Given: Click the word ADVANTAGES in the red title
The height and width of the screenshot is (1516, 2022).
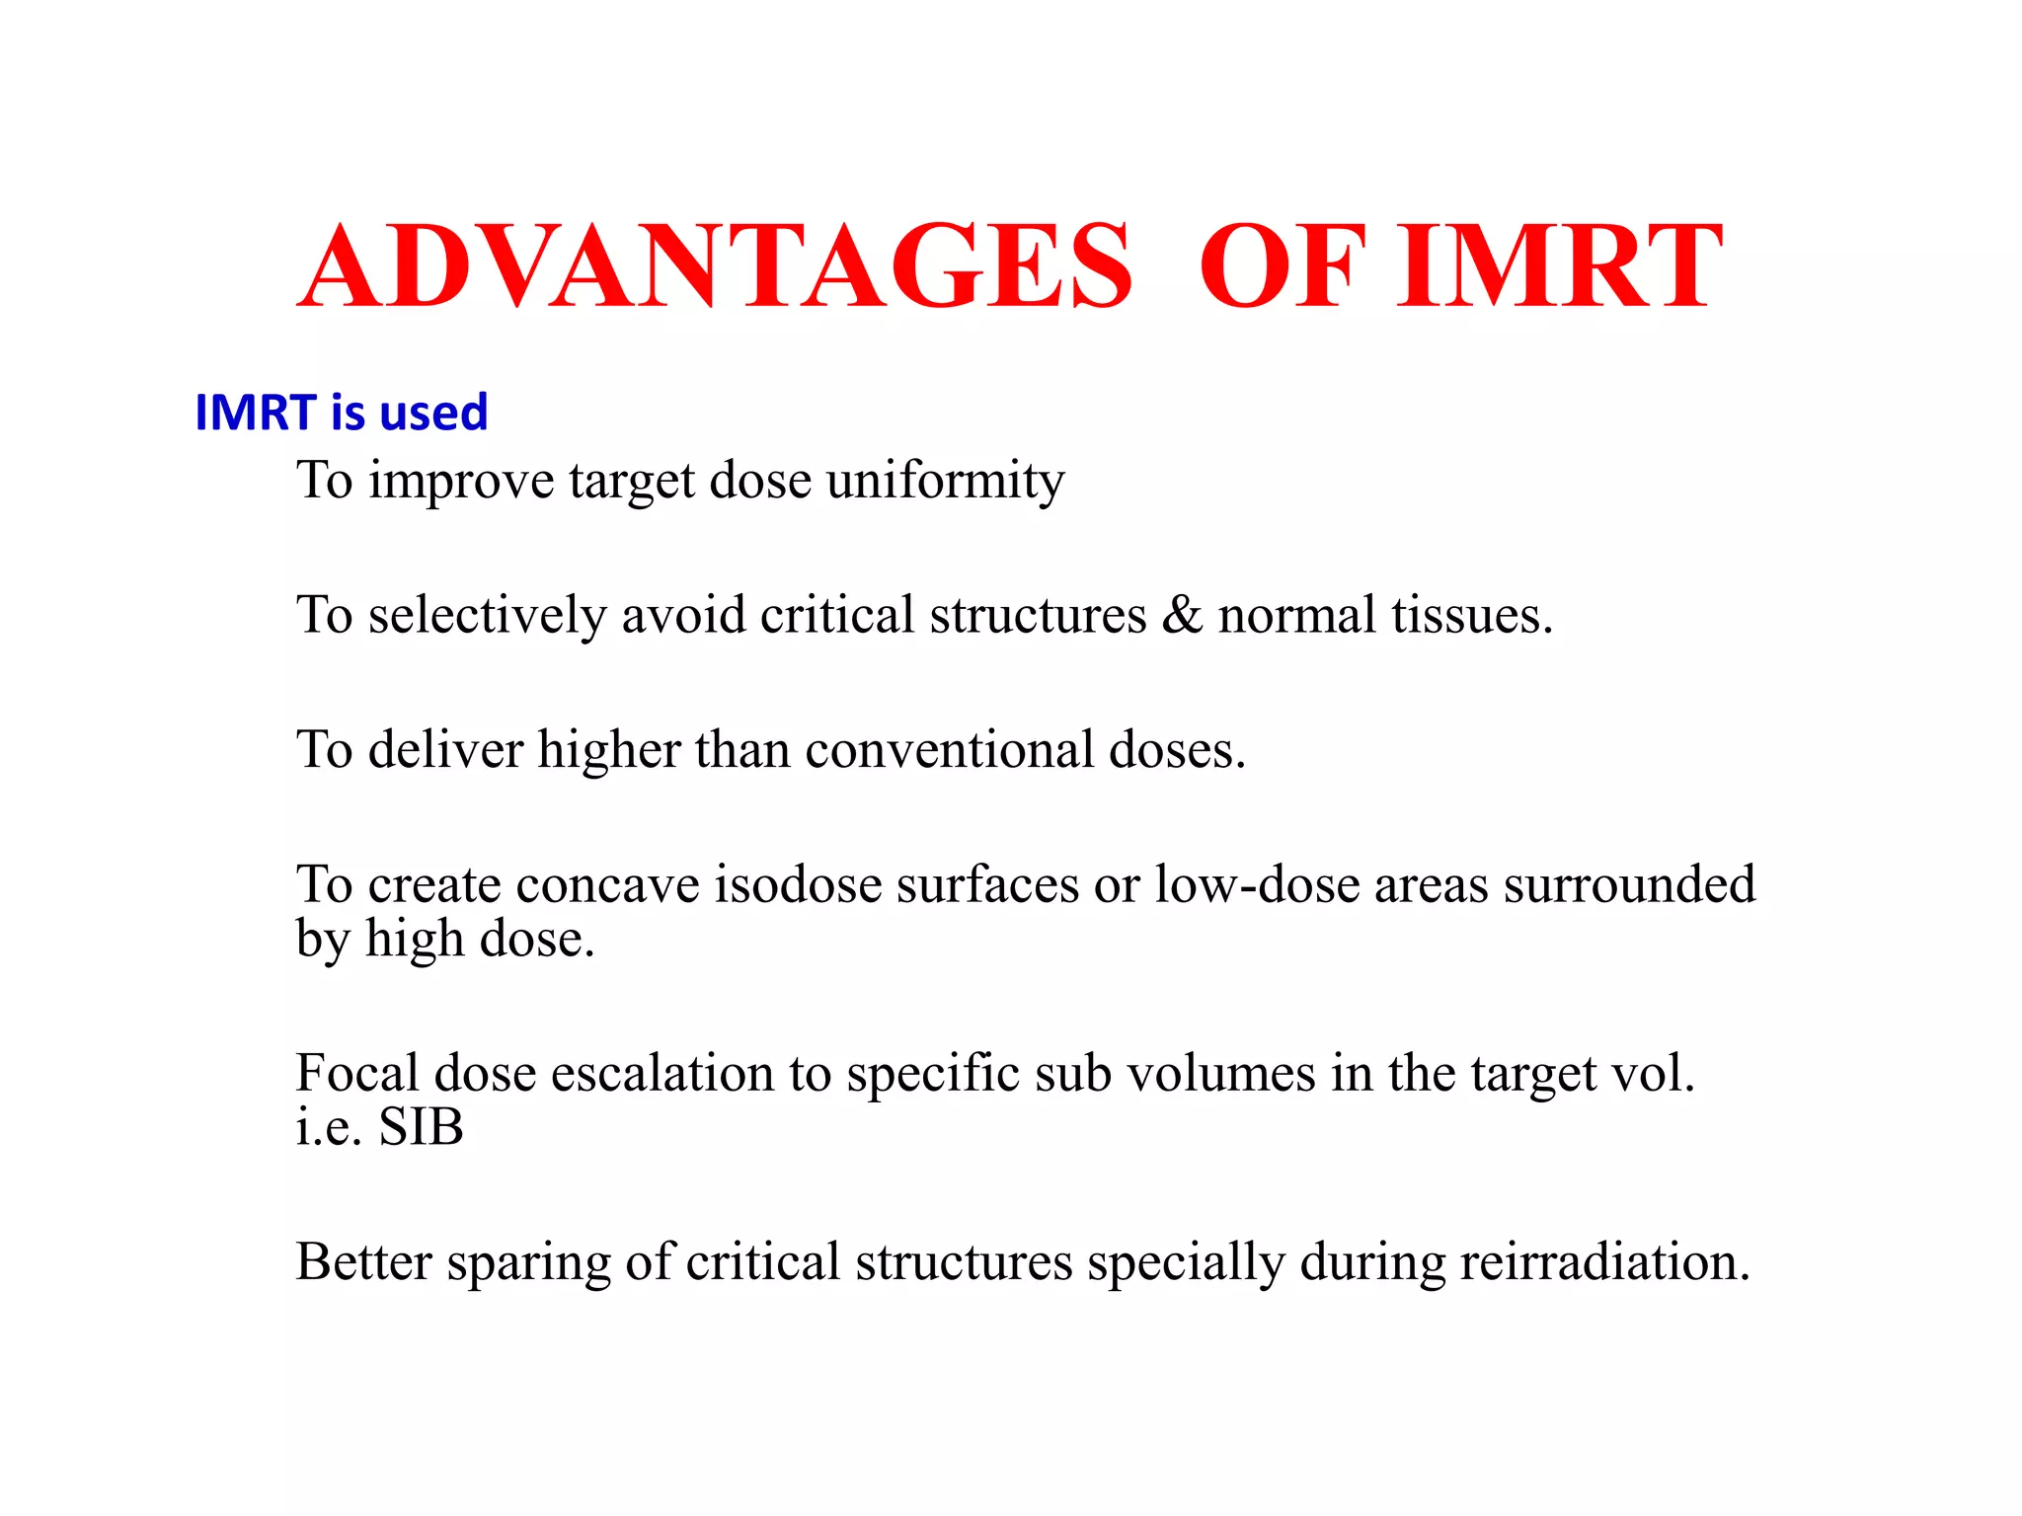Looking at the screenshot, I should tap(715, 266).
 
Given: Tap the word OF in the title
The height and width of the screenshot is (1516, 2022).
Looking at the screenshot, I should tap(1282, 266).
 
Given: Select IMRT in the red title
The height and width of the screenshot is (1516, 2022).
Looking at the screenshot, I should tap(1560, 266).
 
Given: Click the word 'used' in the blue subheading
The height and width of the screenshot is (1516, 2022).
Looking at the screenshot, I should tap(433, 413).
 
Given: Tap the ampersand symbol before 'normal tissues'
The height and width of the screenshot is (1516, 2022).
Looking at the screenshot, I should tap(1182, 615).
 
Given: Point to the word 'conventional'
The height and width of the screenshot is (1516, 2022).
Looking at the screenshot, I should tap(949, 749).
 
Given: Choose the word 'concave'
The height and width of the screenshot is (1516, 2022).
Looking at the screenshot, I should tap(607, 883).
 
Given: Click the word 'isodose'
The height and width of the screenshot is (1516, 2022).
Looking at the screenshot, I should tap(798, 883).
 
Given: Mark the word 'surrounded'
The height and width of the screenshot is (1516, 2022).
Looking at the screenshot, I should tap(1629, 883).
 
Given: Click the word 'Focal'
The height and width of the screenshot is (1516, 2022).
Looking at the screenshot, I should tap(356, 1073).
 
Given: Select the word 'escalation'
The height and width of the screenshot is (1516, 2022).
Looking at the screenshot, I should tap(661, 1073).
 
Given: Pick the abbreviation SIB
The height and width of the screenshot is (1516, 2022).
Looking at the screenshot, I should tap(422, 1127).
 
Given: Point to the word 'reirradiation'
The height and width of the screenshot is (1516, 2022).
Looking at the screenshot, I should tap(1604, 1261).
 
